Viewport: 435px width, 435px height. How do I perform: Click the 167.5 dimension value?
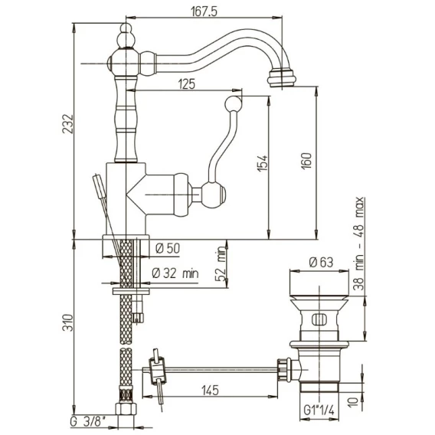click(x=204, y=11)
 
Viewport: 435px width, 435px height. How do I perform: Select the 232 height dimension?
click(x=68, y=124)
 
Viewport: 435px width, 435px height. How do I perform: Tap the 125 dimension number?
click(x=187, y=83)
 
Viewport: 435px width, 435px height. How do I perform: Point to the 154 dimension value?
click(x=263, y=163)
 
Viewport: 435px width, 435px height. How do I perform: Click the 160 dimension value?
click(x=306, y=161)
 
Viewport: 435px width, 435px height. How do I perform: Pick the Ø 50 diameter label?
click(x=168, y=249)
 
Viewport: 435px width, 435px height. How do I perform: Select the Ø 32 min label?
click(x=175, y=273)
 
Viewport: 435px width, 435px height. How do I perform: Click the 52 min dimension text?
click(x=221, y=263)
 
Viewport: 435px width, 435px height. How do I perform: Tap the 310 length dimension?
click(x=68, y=322)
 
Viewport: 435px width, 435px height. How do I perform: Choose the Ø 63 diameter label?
click(x=321, y=262)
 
